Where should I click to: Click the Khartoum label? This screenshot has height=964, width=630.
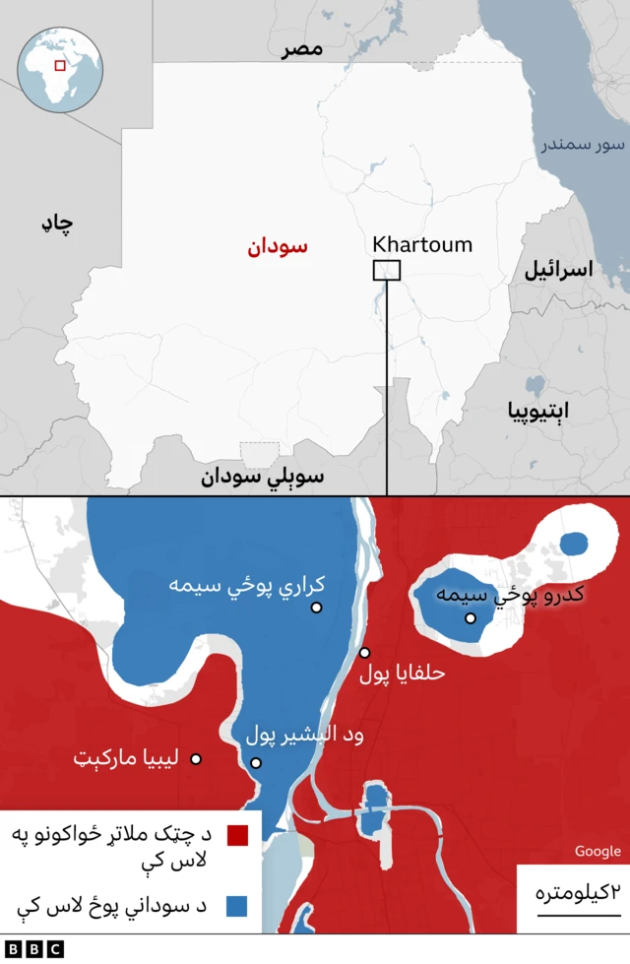[422, 245]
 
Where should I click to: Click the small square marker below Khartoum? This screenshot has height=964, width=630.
[386, 270]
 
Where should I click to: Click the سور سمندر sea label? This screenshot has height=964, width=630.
[582, 146]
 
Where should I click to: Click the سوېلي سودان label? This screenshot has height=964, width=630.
[263, 478]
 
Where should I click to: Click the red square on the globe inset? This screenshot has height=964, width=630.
[60, 65]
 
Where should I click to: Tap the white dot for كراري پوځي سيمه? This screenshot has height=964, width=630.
[317, 608]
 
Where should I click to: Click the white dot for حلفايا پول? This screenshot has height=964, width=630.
[364, 652]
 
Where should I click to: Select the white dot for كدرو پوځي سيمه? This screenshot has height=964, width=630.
[471, 618]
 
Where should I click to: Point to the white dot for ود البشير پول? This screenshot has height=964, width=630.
[256, 762]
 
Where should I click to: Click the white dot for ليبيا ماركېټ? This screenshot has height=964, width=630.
[196, 759]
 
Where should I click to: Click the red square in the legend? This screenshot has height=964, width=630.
[236, 836]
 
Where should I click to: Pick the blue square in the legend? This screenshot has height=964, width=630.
[236, 904]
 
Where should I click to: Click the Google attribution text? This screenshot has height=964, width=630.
[598, 852]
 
